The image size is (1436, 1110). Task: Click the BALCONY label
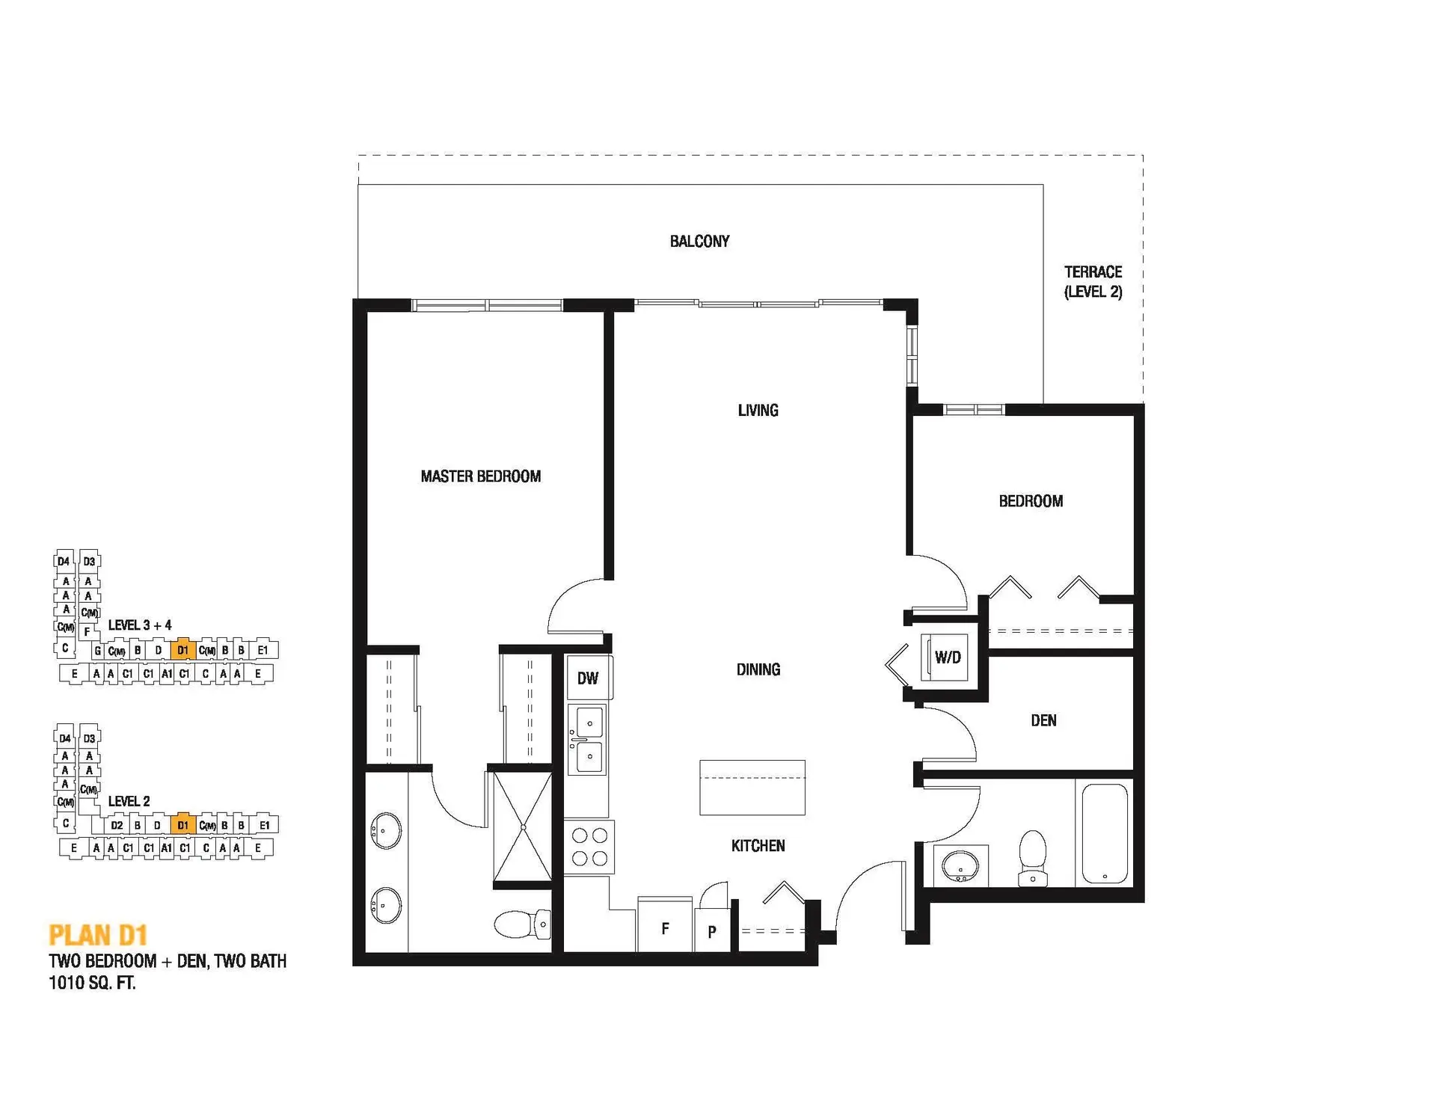click(x=699, y=241)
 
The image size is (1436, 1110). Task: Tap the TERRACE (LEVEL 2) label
click(x=1093, y=282)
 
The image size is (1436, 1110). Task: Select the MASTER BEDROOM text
click(x=480, y=476)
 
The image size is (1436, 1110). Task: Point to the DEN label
click(x=1043, y=720)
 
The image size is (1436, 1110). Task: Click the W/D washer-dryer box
click(x=945, y=657)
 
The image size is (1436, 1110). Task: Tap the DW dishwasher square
click(x=588, y=678)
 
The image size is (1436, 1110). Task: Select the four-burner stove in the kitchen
click(x=589, y=847)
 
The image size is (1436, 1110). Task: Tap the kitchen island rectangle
click(x=752, y=787)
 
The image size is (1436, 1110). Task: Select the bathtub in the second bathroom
click(x=1105, y=832)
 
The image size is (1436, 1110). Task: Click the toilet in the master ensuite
click(x=523, y=924)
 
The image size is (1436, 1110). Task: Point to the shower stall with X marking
click(x=523, y=827)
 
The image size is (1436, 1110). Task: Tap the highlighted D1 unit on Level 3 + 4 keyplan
click(x=182, y=650)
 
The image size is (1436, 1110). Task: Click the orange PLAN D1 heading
click(x=98, y=935)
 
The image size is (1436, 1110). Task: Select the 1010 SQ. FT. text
click(x=92, y=983)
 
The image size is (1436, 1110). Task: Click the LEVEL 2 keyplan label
click(x=129, y=801)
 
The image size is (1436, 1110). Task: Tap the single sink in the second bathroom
click(x=960, y=866)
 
